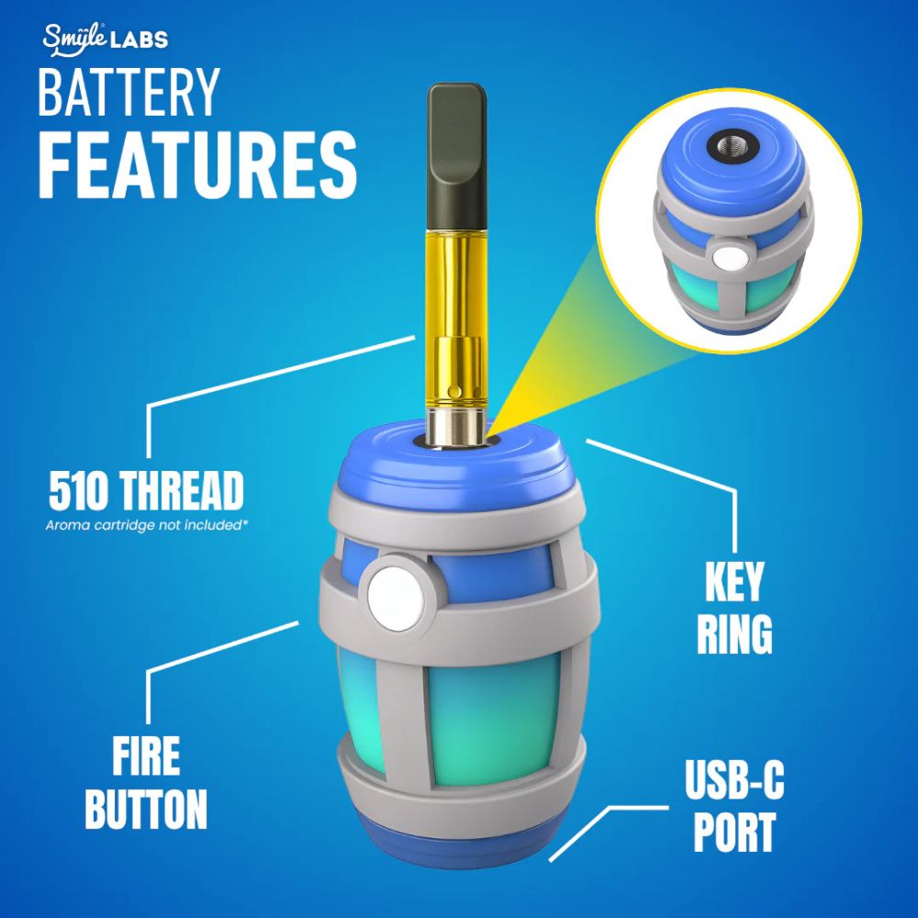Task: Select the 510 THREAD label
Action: tap(146, 493)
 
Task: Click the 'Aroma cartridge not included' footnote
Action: tap(150, 526)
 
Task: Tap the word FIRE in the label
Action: tap(146, 761)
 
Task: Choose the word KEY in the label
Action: tap(733, 582)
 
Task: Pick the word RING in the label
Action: tap(733, 633)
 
